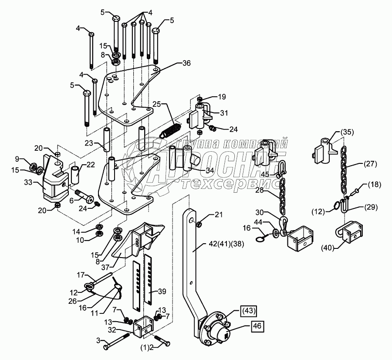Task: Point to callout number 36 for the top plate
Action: point(186,63)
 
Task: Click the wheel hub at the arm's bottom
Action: point(216,329)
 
